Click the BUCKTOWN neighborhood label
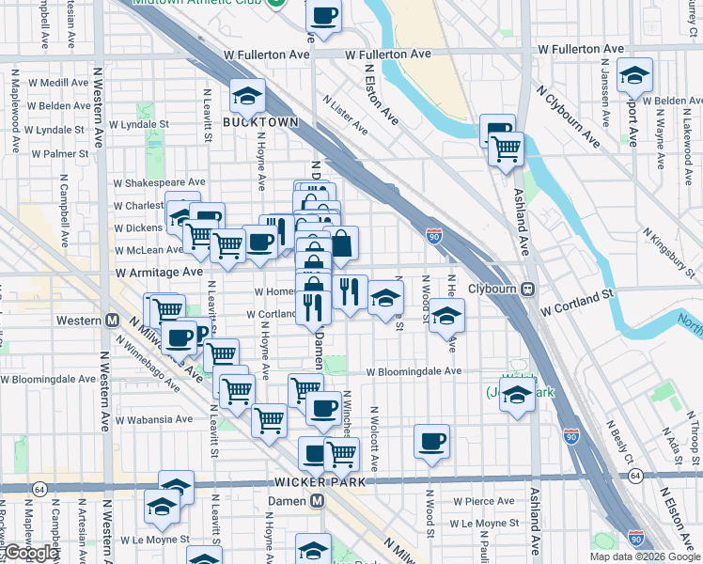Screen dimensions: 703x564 point(260,122)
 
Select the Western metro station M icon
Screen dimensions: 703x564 point(112,321)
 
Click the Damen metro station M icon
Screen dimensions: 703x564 point(318,501)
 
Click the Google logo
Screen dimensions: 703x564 point(30,553)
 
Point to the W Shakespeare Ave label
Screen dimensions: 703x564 point(159,182)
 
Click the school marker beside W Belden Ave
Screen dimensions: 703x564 point(635,76)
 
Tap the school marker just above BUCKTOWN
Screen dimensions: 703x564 point(247,96)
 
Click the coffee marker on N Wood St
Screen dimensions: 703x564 point(432,441)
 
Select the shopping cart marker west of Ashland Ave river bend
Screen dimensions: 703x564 point(507,149)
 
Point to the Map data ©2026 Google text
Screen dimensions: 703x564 point(644,556)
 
